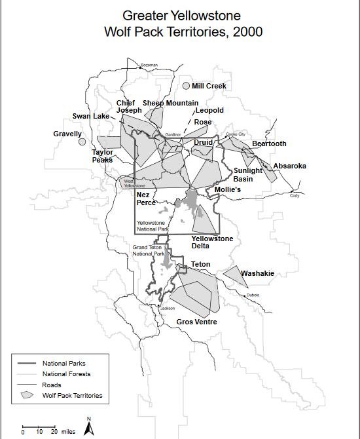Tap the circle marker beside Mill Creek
coord(186,86)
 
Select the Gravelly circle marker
coord(82,142)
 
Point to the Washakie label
coord(257,273)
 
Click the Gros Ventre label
coord(196,322)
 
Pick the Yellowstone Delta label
coord(212,242)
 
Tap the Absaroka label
coord(289,166)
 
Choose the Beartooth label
coord(269,143)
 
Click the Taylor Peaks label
coord(103,156)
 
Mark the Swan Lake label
coord(91,116)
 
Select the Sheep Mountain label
coord(170,103)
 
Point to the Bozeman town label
coord(149,66)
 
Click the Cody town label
coord(295,195)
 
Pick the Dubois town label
coord(253,295)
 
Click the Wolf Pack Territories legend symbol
coord(26,395)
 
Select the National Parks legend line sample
coord(26,363)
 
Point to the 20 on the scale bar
coord(52,432)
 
